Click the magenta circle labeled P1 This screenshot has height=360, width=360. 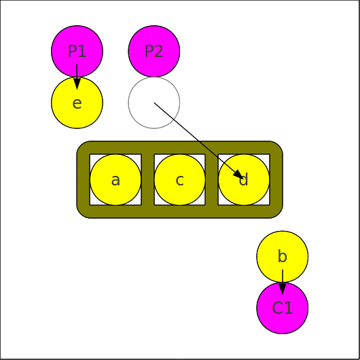click(x=77, y=51)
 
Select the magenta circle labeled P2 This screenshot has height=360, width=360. click(x=154, y=51)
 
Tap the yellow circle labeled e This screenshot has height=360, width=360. click(x=77, y=103)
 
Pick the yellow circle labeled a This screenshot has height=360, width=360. click(x=115, y=179)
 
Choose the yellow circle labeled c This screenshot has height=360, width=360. click(x=179, y=179)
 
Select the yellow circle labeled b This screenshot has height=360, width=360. click(x=283, y=257)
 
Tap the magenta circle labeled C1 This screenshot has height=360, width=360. click(x=283, y=308)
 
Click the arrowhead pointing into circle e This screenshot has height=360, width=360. click(x=77, y=84)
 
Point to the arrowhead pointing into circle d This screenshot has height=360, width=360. click(x=239, y=175)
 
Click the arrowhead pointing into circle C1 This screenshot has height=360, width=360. click(x=283, y=289)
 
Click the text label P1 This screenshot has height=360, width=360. click(x=77, y=51)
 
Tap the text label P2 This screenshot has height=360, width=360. click(x=154, y=51)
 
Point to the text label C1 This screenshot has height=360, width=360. click(x=283, y=308)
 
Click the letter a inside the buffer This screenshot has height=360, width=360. click(x=115, y=180)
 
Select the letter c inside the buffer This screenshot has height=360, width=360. click(x=179, y=180)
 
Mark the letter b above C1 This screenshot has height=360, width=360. click(x=283, y=256)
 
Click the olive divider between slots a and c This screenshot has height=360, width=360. click(x=147, y=179)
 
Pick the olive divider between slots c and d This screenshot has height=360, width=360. click(x=212, y=179)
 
